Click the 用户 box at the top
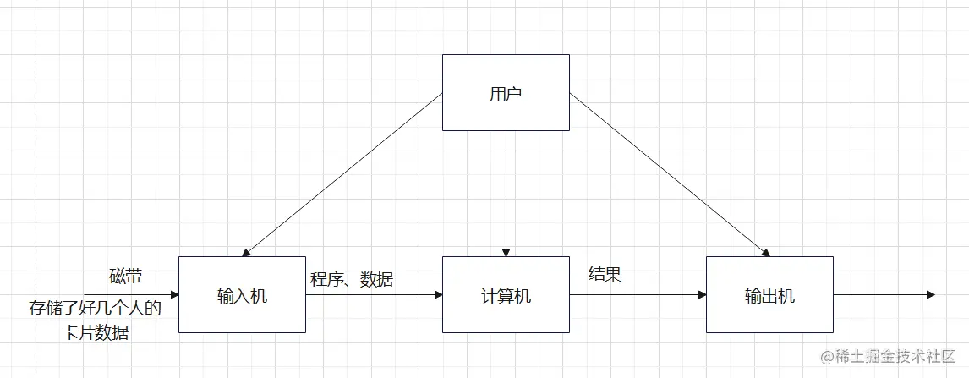[x=506, y=93]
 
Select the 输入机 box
[x=243, y=295]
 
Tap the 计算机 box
[x=506, y=295]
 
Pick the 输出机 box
[x=769, y=295]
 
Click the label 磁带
[x=126, y=276]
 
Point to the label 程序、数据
[x=351, y=278]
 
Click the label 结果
[x=605, y=274]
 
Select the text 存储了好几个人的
[x=95, y=306]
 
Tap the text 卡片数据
[x=96, y=332]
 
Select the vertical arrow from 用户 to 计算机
[x=506, y=193]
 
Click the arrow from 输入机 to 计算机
[x=374, y=295]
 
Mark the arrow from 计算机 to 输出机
[x=638, y=295]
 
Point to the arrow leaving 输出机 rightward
[x=884, y=295]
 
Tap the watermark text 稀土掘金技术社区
[x=895, y=356]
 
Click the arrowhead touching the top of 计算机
[x=506, y=252]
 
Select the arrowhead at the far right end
[x=930, y=295]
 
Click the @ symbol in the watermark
[x=828, y=356]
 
